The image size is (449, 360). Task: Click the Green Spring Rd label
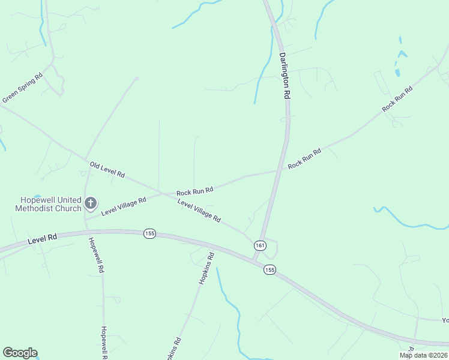tap(22, 88)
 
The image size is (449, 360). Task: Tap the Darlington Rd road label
tap(285, 75)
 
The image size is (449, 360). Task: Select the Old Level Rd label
tap(107, 170)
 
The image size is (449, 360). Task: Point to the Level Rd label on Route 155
tap(42, 238)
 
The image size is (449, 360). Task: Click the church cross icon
tap(91, 203)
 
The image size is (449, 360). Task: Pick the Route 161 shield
tap(260, 245)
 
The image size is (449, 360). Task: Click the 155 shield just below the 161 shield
tap(270, 271)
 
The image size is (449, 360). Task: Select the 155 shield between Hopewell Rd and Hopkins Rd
tap(149, 233)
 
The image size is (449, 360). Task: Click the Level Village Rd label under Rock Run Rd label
tap(199, 211)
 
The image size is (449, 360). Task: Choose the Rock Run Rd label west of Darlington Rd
tap(195, 191)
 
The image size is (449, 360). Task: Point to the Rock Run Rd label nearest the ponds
tap(397, 99)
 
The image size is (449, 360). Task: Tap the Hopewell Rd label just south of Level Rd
tap(96, 256)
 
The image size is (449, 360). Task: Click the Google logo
tap(20, 353)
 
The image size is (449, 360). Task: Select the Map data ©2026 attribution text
tap(423, 355)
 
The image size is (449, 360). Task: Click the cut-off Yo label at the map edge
tap(445, 320)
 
